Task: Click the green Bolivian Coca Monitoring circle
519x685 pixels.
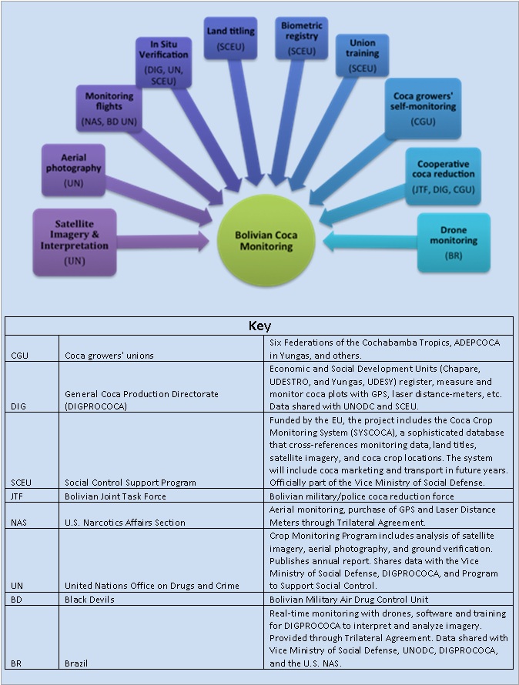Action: (266, 241)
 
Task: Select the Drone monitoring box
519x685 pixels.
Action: (454, 242)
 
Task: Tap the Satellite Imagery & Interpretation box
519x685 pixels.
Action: (75, 242)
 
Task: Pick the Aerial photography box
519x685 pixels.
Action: (73, 170)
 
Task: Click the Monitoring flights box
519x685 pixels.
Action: (109, 109)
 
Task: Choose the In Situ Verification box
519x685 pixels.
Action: (163, 62)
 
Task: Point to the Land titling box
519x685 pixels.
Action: (230, 38)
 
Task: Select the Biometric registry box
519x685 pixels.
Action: (301, 38)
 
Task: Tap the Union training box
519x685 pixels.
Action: (362, 55)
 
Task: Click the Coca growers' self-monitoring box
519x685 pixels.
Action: (423, 109)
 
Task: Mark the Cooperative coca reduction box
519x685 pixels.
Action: (443, 176)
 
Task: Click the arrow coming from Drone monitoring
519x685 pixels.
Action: (370, 242)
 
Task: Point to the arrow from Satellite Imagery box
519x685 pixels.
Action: (162, 242)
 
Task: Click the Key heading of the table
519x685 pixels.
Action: (259, 326)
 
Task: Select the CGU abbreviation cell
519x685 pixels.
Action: (20, 356)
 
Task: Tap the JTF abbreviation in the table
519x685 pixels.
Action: (17, 496)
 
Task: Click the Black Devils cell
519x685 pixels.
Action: (89, 600)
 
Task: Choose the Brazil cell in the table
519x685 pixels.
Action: (76, 663)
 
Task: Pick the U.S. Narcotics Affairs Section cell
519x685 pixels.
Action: (125, 523)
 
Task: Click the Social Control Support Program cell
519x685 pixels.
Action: (130, 483)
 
